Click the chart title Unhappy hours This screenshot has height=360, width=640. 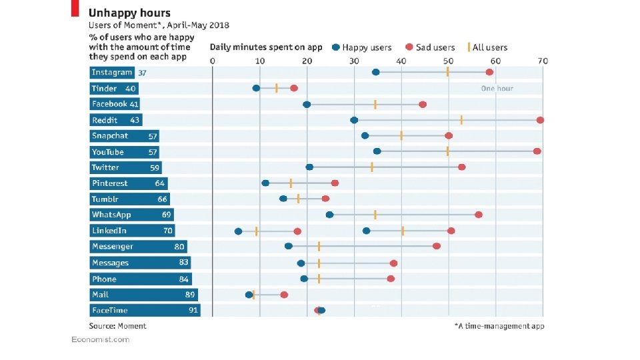click(129, 13)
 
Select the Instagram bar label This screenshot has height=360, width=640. click(111, 73)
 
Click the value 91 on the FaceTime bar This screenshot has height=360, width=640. click(194, 311)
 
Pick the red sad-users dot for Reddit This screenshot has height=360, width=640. click(540, 120)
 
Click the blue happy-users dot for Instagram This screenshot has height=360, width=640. click(376, 72)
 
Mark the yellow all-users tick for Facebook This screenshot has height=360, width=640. click(375, 104)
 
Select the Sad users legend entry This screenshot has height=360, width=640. click(430, 47)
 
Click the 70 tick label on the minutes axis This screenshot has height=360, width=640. click(543, 61)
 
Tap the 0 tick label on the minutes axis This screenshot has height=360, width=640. click(213, 61)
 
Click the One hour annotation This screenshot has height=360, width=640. click(497, 88)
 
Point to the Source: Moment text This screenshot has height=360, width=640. click(118, 326)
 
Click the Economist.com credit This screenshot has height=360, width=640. click(101, 340)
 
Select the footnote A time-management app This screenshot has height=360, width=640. click(499, 326)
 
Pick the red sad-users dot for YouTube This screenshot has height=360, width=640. click(537, 151)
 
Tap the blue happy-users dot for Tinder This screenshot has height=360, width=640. click(256, 88)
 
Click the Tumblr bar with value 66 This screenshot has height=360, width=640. click(130, 199)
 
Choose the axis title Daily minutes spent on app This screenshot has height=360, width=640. click(266, 47)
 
